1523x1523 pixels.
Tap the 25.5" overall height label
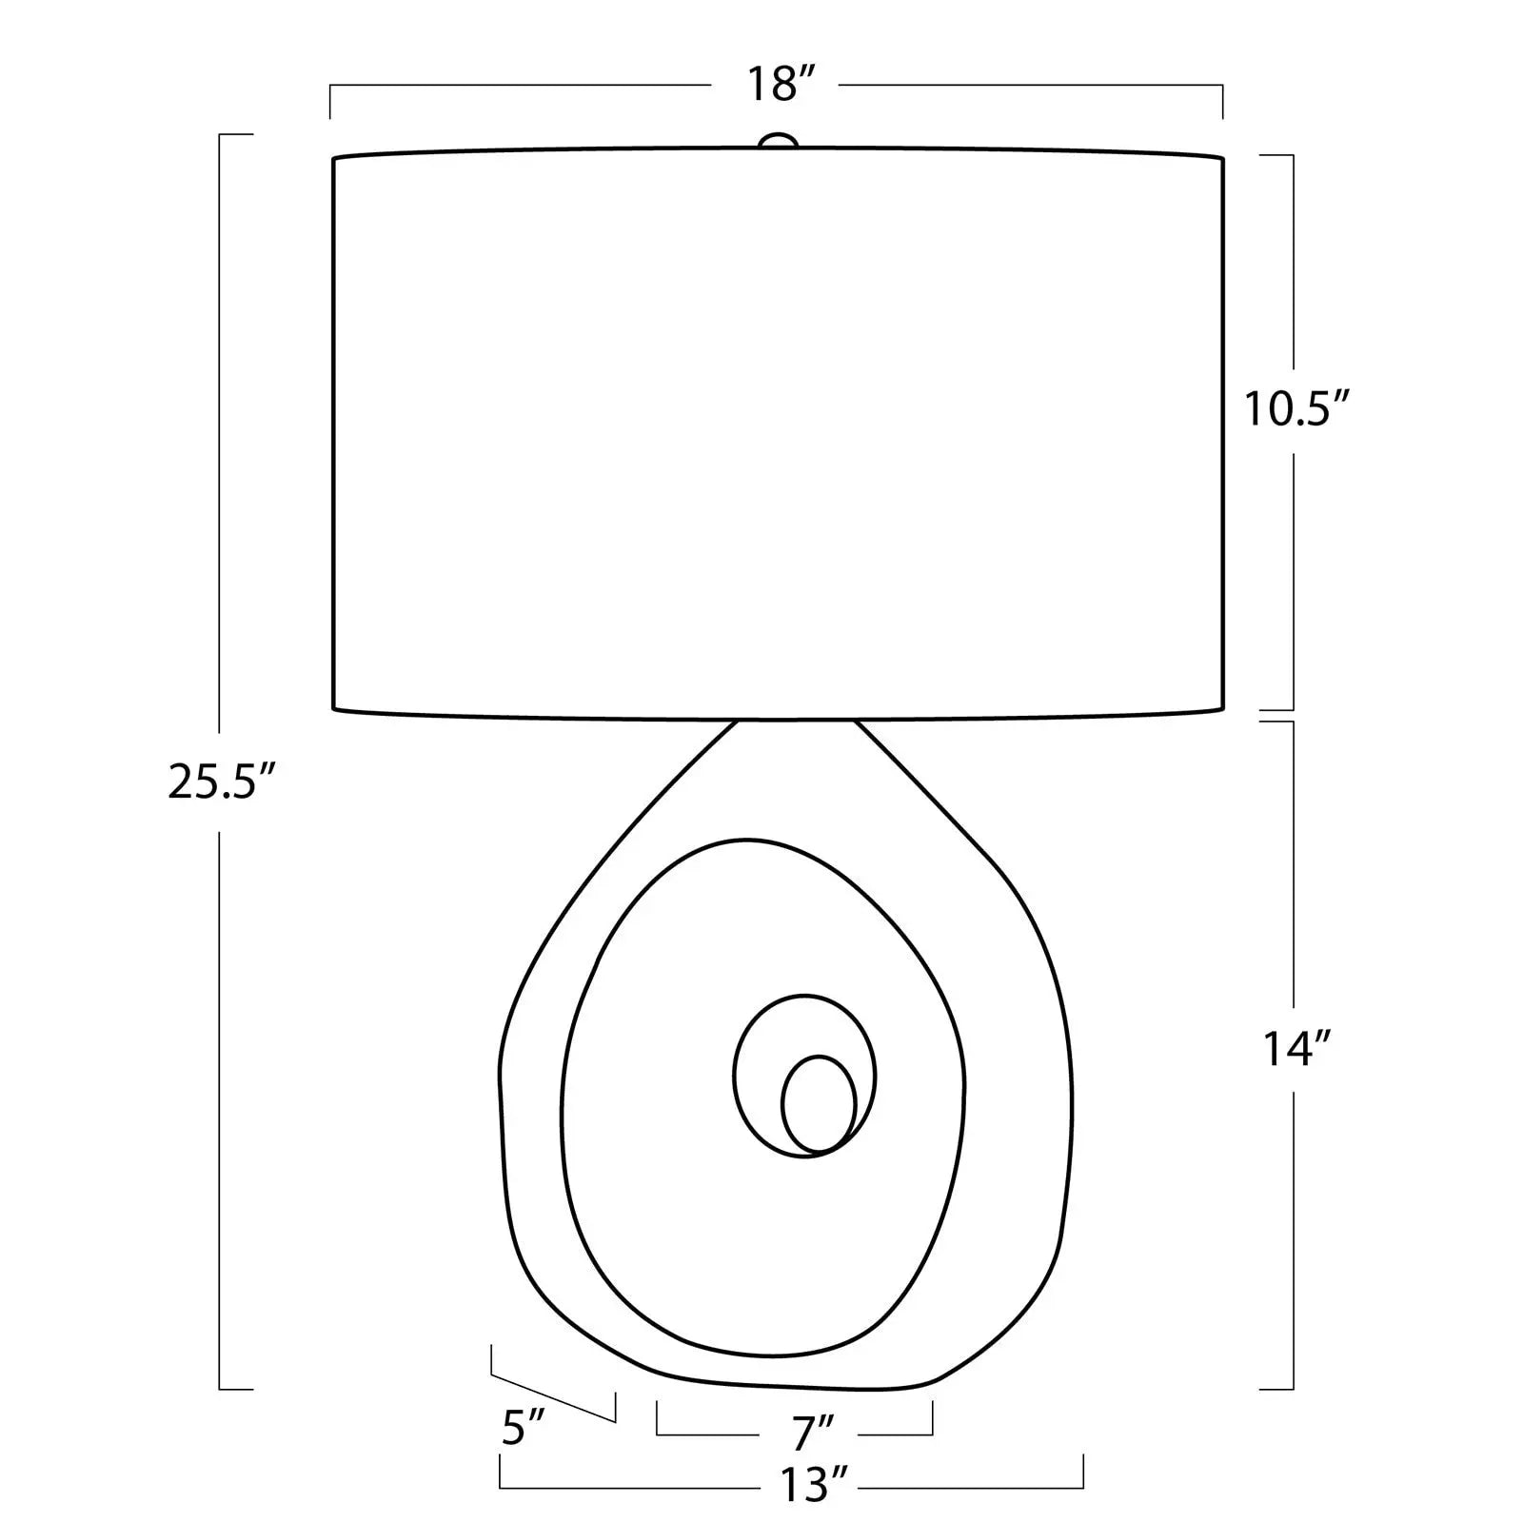(x=222, y=782)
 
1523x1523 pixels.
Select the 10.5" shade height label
(x=1297, y=410)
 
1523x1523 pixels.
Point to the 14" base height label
(x=1296, y=1049)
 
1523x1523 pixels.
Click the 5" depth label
(x=522, y=1429)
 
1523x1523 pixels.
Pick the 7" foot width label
(x=812, y=1430)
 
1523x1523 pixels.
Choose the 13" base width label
(x=813, y=1484)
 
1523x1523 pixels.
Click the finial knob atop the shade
(x=778, y=141)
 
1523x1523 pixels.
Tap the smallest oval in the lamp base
(x=819, y=1103)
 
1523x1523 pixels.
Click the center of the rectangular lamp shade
(x=778, y=430)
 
